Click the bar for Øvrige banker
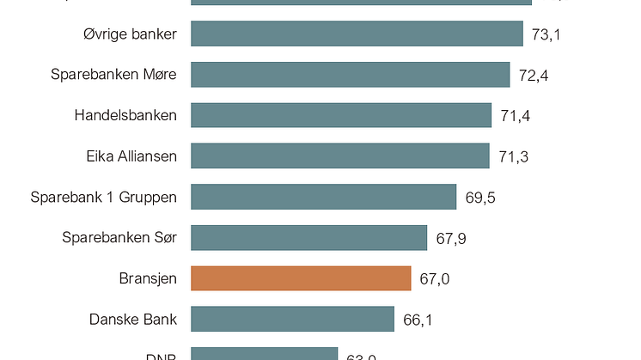[357, 34]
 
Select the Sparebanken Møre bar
[350, 75]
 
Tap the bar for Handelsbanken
[340, 115]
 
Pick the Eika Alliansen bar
[339, 156]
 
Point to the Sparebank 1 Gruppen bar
[323, 197]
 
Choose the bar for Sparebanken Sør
[308, 237]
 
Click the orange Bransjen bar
[301, 278]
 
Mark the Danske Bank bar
[292, 319]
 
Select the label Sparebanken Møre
[113, 75]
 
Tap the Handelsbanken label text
[125, 115]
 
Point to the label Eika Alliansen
[131, 156]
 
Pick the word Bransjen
[148, 278]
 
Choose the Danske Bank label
[133, 320]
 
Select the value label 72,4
[534, 76]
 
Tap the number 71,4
[515, 116]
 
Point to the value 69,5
[480, 198]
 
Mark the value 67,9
[451, 238]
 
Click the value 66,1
[418, 320]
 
